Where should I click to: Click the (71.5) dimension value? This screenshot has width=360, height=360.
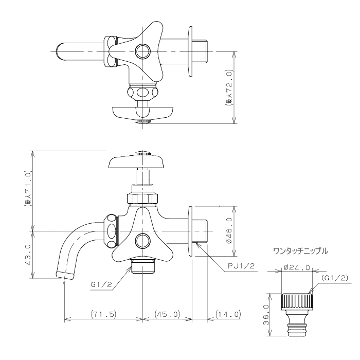click(103, 314)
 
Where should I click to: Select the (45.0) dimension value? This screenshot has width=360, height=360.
click(167, 314)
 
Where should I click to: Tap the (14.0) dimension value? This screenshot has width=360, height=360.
click(228, 314)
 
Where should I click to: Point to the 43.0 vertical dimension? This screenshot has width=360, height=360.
click(28, 255)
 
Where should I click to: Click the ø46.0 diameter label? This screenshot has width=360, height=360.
click(229, 230)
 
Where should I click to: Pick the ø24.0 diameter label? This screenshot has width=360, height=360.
click(297, 267)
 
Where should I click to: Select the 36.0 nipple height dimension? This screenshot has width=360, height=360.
click(266, 315)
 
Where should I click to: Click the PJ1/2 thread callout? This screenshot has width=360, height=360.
click(241, 266)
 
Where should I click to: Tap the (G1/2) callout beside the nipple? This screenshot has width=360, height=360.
click(335, 278)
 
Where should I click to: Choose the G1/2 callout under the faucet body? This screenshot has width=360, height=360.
click(101, 285)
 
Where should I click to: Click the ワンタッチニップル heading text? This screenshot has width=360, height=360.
click(300, 251)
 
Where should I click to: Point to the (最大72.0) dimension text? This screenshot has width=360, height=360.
click(229, 88)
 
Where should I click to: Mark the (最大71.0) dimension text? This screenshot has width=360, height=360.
click(28, 189)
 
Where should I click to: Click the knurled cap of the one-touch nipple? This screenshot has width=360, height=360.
click(297, 302)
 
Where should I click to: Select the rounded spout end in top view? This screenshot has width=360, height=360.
click(60, 51)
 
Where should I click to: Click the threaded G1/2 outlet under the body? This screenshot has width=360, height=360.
click(143, 266)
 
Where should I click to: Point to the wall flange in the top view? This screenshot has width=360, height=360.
click(190, 51)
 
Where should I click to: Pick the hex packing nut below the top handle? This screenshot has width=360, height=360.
click(142, 199)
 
